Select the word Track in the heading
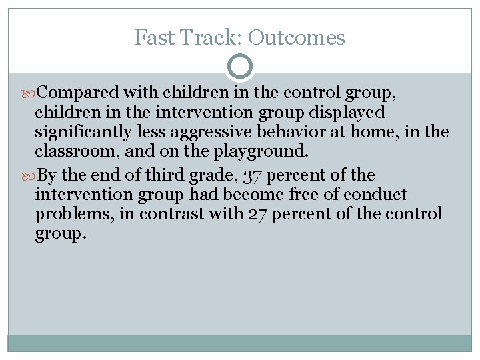point(203,37)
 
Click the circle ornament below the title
point(240,67)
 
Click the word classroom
point(71,151)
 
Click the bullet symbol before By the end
point(29,176)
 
